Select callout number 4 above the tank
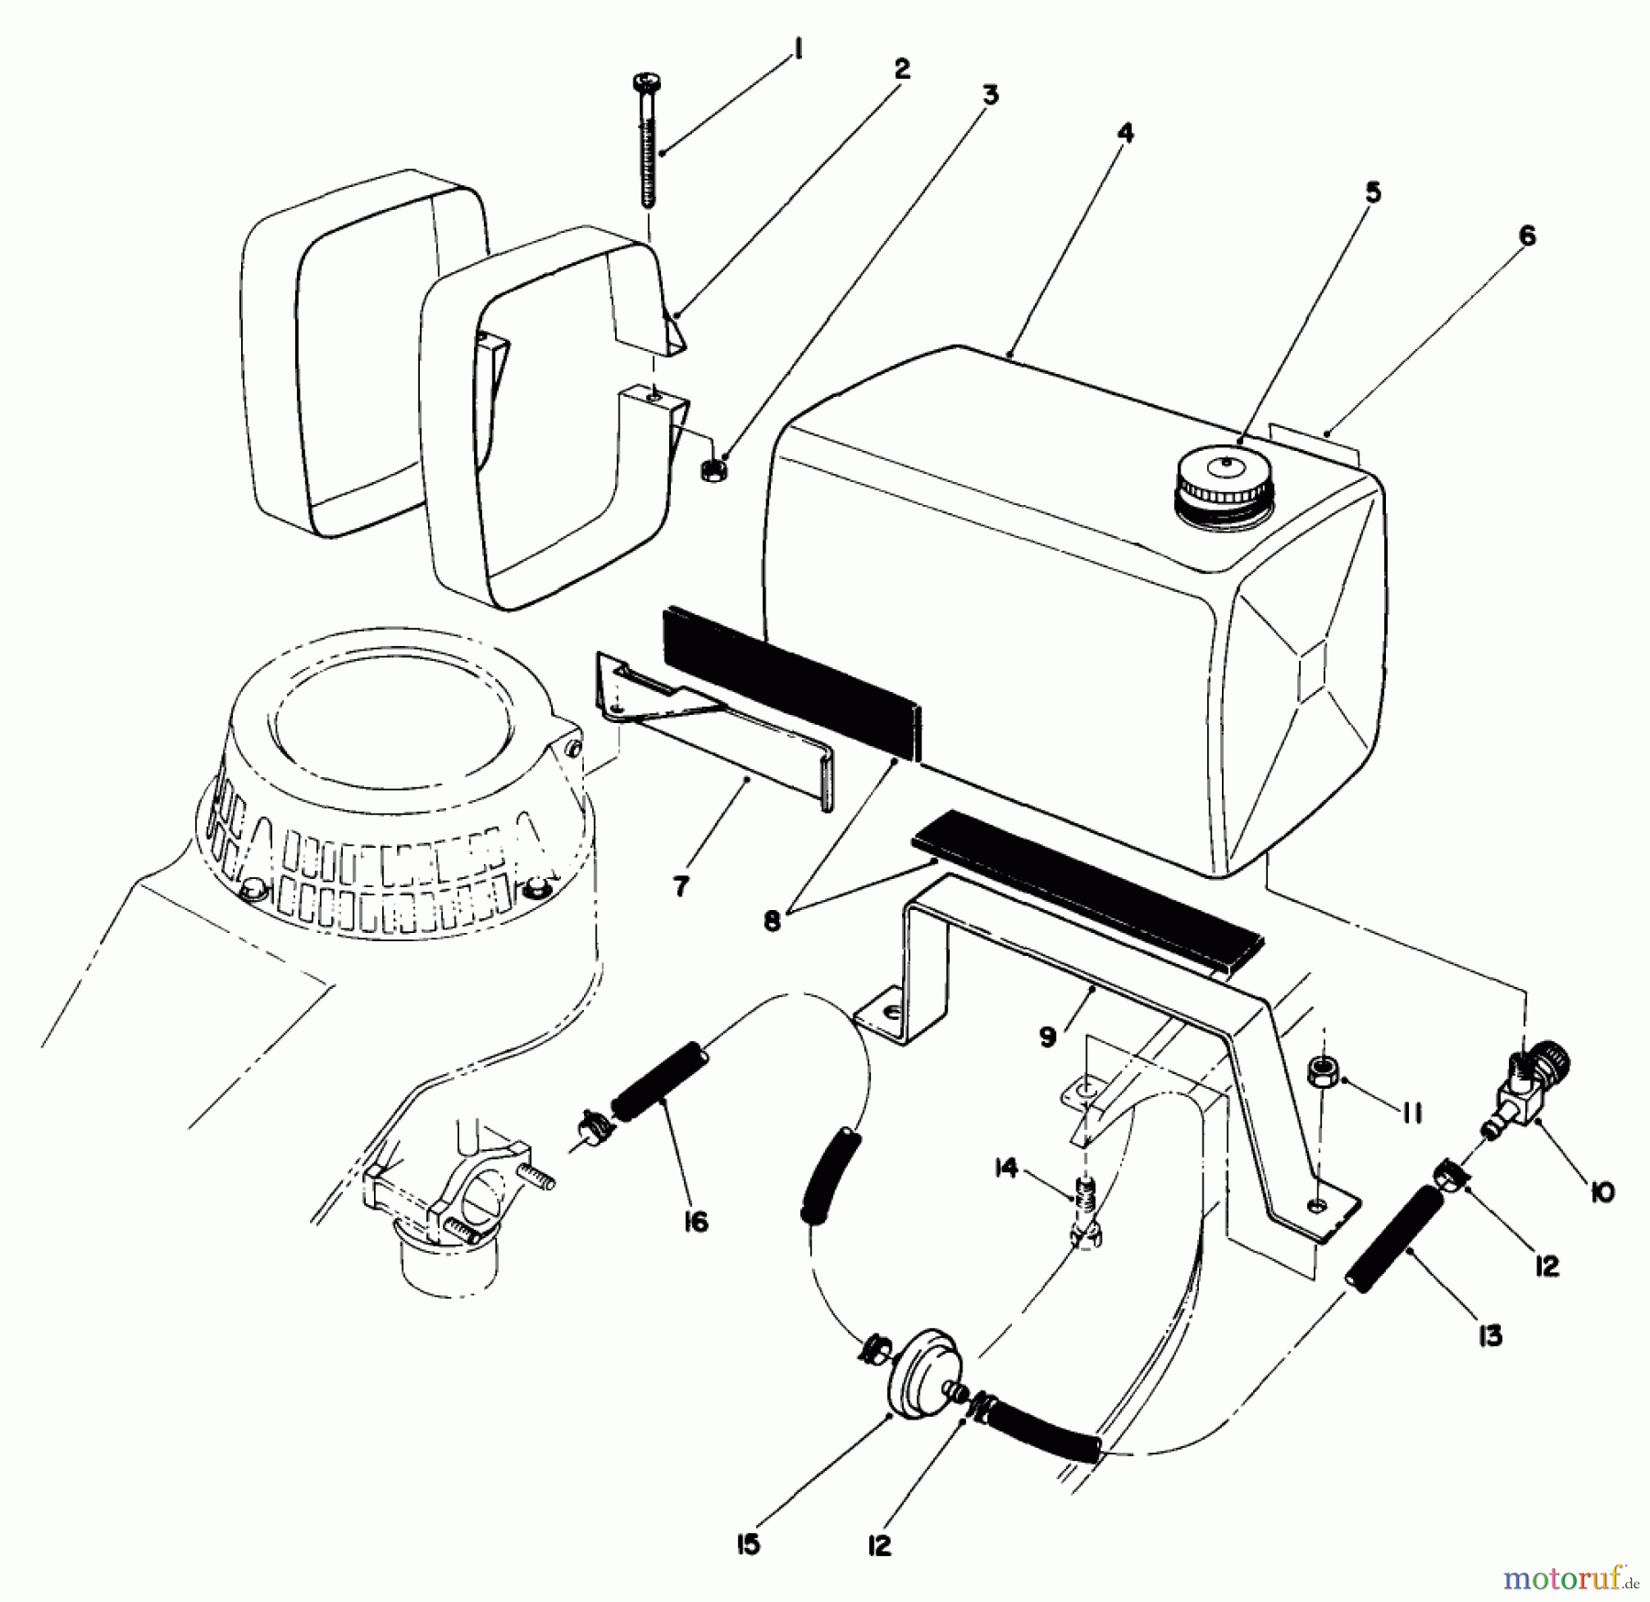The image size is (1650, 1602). (x=1126, y=134)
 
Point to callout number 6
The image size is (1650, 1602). (x=1526, y=236)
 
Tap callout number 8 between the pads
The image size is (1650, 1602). (x=773, y=921)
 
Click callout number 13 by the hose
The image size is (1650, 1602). (x=1490, y=1336)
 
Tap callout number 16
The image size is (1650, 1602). (x=696, y=1221)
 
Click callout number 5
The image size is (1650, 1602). (x=1372, y=193)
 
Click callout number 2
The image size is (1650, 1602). (x=902, y=69)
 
